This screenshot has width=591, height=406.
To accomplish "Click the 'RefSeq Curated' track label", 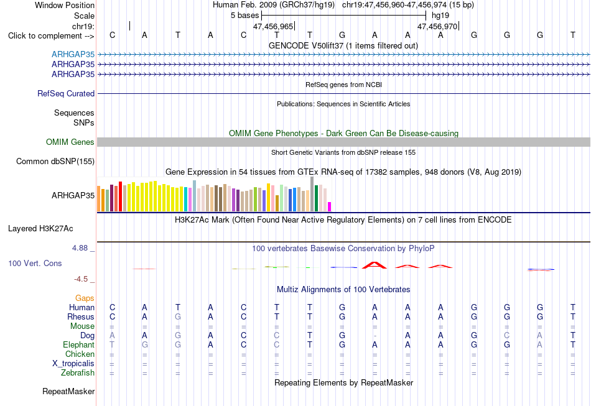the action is [x=66, y=93].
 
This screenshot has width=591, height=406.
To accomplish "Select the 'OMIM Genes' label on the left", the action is [x=70, y=142].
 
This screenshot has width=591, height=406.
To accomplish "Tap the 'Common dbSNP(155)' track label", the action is [x=55, y=161].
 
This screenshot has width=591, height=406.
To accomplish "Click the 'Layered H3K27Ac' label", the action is [x=40, y=229].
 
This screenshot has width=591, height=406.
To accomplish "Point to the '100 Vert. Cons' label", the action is [x=35, y=263].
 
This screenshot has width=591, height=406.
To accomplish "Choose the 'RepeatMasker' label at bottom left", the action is [x=68, y=391].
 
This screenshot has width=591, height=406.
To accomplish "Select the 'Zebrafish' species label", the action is [x=78, y=372].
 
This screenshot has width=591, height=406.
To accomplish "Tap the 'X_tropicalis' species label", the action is [x=73, y=364].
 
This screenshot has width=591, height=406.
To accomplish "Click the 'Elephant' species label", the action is [x=79, y=344].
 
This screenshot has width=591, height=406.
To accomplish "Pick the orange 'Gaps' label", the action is [x=85, y=298].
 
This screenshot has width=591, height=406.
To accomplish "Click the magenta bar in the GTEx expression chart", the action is [x=330, y=207].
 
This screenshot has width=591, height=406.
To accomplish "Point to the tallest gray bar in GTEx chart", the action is [x=312, y=194].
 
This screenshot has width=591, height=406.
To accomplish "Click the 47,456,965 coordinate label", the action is [x=273, y=26].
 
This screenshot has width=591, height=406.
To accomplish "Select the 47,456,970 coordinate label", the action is [x=437, y=26].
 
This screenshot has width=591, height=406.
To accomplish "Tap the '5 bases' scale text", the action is [x=245, y=16].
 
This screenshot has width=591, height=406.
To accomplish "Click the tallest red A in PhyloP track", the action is [x=375, y=265].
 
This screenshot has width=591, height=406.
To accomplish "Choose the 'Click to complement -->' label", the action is [x=51, y=36].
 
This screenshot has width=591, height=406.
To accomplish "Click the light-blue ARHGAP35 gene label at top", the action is [x=73, y=54].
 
